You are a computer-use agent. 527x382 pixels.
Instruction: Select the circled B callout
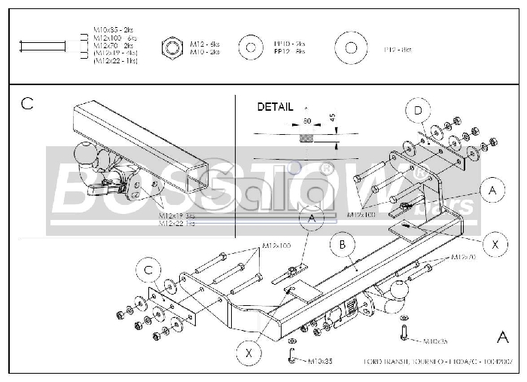pyautogui.click(x=342, y=244)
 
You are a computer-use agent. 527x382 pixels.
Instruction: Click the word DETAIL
pyautogui.click(x=275, y=107)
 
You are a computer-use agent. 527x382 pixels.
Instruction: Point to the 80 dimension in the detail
pyautogui.click(x=307, y=121)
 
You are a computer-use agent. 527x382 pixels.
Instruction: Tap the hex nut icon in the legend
pyautogui.click(x=172, y=49)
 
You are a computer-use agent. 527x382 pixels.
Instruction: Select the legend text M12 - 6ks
pyautogui.click(x=203, y=44)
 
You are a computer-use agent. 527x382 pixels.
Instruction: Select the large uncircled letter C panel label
pyautogui.click(x=27, y=104)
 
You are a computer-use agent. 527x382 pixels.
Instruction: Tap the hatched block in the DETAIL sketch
pyautogui.click(x=306, y=139)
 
